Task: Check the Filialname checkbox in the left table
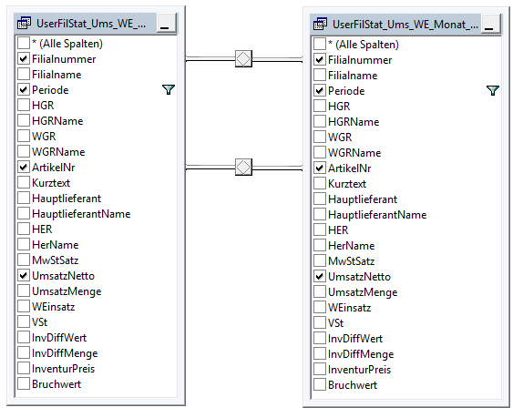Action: (x=24, y=75)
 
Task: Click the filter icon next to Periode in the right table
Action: (x=493, y=90)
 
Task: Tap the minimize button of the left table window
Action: (x=166, y=24)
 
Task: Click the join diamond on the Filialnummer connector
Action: (x=243, y=59)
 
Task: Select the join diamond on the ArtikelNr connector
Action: (x=243, y=167)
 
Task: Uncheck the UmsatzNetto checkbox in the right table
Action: (x=320, y=277)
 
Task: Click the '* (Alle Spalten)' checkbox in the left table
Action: (x=24, y=44)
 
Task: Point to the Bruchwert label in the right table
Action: (x=353, y=385)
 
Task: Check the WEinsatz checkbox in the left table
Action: (x=24, y=307)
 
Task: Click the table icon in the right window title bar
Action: (x=320, y=25)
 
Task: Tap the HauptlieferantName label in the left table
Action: (x=81, y=214)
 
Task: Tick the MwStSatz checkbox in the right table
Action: (x=320, y=261)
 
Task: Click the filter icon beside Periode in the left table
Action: (x=169, y=89)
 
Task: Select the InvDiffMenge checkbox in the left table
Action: (x=24, y=353)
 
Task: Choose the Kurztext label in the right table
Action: (x=347, y=184)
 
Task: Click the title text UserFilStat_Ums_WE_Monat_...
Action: (x=405, y=25)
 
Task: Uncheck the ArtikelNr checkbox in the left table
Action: (x=24, y=167)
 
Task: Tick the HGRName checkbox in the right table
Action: (x=320, y=122)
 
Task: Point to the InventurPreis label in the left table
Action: (x=64, y=369)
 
